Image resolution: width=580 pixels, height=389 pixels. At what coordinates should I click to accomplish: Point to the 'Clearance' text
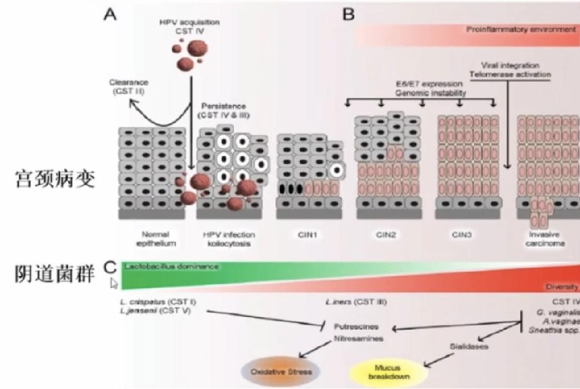pyautogui.click(x=127, y=82)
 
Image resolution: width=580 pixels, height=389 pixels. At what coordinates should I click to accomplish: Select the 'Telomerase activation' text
pyautogui.click(x=511, y=74)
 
